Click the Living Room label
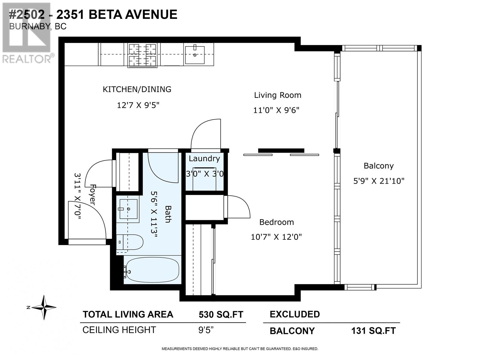pyautogui.click(x=277, y=95)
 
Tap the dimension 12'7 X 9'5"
pyautogui.click(x=138, y=105)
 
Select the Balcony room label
pyautogui.click(x=378, y=166)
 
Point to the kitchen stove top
pyautogui.click(x=142, y=55)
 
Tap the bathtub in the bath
pyautogui.click(x=152, y=269)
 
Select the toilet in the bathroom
pyautogui.click(x=130, y=242)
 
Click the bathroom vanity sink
pyautogui.click(x=128, y=209)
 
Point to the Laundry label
pyautogui.click(x=204, y=159)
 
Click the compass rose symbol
pyautogui.click(x=44, y=307)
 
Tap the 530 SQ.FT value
pyautogui.click(x=221, y=315)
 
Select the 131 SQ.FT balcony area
pyautogui.click(x=373, y=331)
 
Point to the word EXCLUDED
pyautogui.click(x=295, y=314)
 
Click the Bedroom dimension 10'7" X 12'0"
pyautogui.click(x=276, y=237)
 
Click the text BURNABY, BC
pyautogui.click(x=38, y=27)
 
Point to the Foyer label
pyautogui.click(x=92, y=195)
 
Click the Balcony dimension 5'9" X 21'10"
pyautogui.click(x=379, y=181)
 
